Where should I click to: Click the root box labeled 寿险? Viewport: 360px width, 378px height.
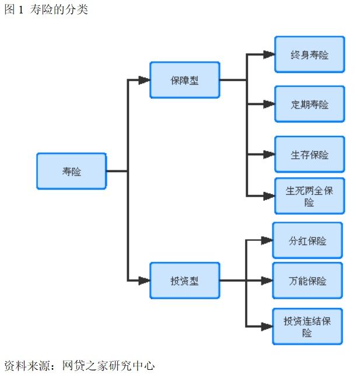[71, 171]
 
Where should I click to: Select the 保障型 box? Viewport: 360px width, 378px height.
[184, 80]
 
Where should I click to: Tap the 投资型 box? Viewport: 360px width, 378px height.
[184, 281]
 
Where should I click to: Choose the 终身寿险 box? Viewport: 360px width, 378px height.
[309, 54]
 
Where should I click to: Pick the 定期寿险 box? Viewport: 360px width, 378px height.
[309, 104]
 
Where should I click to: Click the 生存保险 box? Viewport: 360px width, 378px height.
[309, 155]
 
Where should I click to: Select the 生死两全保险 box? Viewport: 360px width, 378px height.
[309, 196]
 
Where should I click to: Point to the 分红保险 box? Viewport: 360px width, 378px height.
[307, 240]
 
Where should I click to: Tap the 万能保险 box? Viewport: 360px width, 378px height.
[307, 281]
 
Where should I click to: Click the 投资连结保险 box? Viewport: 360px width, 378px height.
[307, 327]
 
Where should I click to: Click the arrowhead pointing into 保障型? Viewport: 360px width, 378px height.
[144, 80]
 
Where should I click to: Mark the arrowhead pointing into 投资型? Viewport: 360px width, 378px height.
[144, 281]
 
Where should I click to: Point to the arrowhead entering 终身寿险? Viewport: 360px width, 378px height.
[268, 54]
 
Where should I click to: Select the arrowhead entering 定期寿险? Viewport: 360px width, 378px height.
[268, 104]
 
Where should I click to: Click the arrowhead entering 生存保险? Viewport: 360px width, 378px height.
[268, 155]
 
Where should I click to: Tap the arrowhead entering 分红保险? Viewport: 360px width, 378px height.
[267, 240]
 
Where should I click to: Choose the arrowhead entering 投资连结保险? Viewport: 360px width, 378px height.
[267, 327]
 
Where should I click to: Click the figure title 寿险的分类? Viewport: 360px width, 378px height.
[58, 9]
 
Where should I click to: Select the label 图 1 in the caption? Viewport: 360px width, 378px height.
[14, 9]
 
